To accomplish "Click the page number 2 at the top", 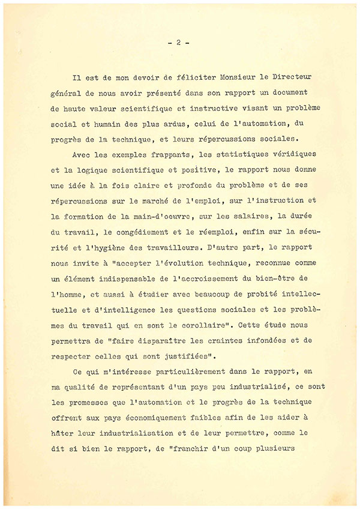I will coord(179,43).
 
